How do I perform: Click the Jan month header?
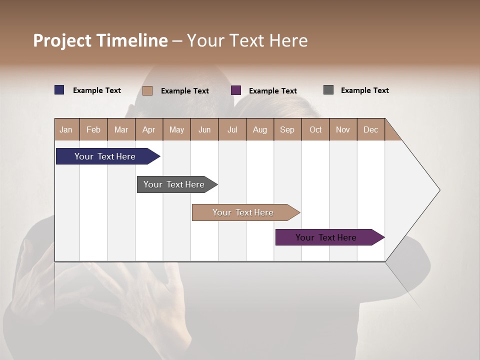(66, 129)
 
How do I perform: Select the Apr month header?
(149, 129)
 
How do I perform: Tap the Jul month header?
(232, 129)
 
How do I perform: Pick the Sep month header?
(287, 129)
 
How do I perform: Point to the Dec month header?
(370, 129)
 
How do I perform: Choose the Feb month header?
(93, 129)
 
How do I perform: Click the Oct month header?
(315, 129)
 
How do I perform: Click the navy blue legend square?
(59, 90)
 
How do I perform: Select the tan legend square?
(147, 90)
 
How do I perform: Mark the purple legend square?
(236, 90)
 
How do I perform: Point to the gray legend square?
(328, 90)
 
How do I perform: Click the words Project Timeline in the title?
(100, 40)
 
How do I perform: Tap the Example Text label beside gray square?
(364, 90)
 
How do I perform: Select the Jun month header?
(204, 129)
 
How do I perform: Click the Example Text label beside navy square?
(97, 90)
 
